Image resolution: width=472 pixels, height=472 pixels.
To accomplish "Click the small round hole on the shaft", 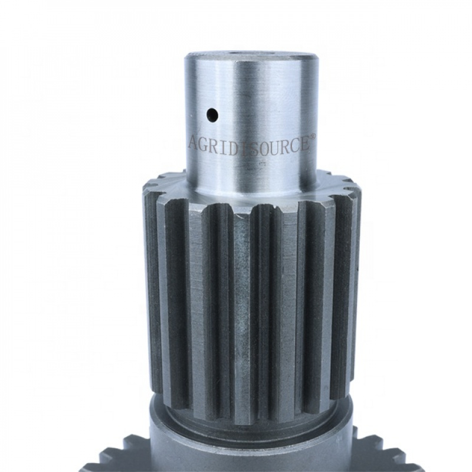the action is [212, 114].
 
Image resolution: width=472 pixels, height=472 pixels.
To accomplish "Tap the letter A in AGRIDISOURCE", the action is [194, 142].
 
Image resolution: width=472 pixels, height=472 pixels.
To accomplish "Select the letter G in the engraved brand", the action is [204, 143].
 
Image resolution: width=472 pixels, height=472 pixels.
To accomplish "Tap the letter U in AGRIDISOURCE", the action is [271, 147].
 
